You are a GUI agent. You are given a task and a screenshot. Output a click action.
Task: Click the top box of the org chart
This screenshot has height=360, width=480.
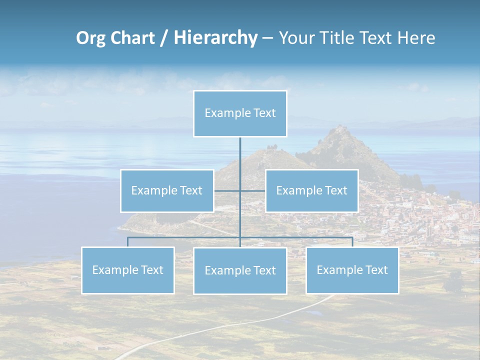240,113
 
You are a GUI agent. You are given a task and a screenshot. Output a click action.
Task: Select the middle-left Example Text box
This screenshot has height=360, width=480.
167,190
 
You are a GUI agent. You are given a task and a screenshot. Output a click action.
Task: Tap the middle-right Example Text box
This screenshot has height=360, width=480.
311,190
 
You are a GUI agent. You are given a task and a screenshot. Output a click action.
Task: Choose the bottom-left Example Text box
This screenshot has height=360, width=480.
127,270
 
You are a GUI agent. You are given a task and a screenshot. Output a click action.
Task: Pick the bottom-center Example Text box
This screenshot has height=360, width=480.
240,270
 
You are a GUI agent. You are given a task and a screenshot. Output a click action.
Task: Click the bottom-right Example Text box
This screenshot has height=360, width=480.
352,270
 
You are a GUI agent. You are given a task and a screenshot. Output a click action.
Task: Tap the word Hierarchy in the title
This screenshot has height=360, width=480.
215,38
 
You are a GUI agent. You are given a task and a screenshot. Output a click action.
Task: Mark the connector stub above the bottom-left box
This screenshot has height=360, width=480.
127,242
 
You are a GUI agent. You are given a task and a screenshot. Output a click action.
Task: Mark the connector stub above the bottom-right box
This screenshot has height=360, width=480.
352,242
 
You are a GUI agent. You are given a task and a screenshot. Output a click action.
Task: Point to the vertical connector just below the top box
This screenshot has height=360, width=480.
240,150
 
